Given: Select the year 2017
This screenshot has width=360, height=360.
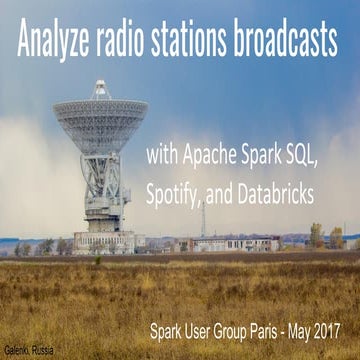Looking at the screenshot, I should click(x=346, y=326).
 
